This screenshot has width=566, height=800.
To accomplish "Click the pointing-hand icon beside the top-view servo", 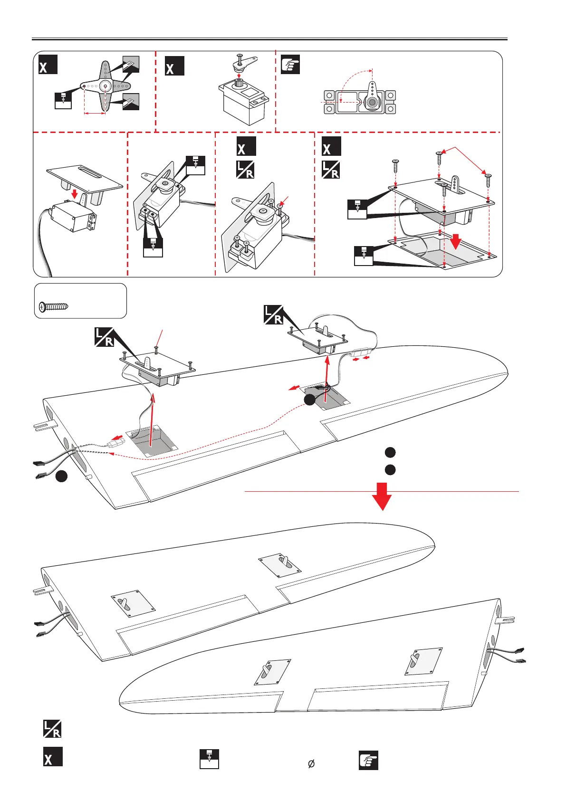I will (290, 65).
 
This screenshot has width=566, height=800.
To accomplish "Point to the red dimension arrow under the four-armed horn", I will (95, 113).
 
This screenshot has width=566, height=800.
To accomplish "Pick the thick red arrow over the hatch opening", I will (456, 241).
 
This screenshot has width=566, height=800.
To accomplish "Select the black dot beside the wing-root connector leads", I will (61, 476).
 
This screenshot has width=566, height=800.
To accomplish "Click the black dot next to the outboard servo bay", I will (309, 400).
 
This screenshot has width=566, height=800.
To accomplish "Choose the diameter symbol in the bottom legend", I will (311, 764).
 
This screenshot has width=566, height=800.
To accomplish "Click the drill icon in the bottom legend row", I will (209, 759).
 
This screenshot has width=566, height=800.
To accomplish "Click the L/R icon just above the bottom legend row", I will (52, 729).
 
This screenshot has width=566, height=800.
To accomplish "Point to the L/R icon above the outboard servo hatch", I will (273, 315).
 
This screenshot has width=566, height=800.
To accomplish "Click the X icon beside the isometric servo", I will (174, 66).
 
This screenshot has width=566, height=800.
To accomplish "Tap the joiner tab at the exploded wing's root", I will (46, 426).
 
